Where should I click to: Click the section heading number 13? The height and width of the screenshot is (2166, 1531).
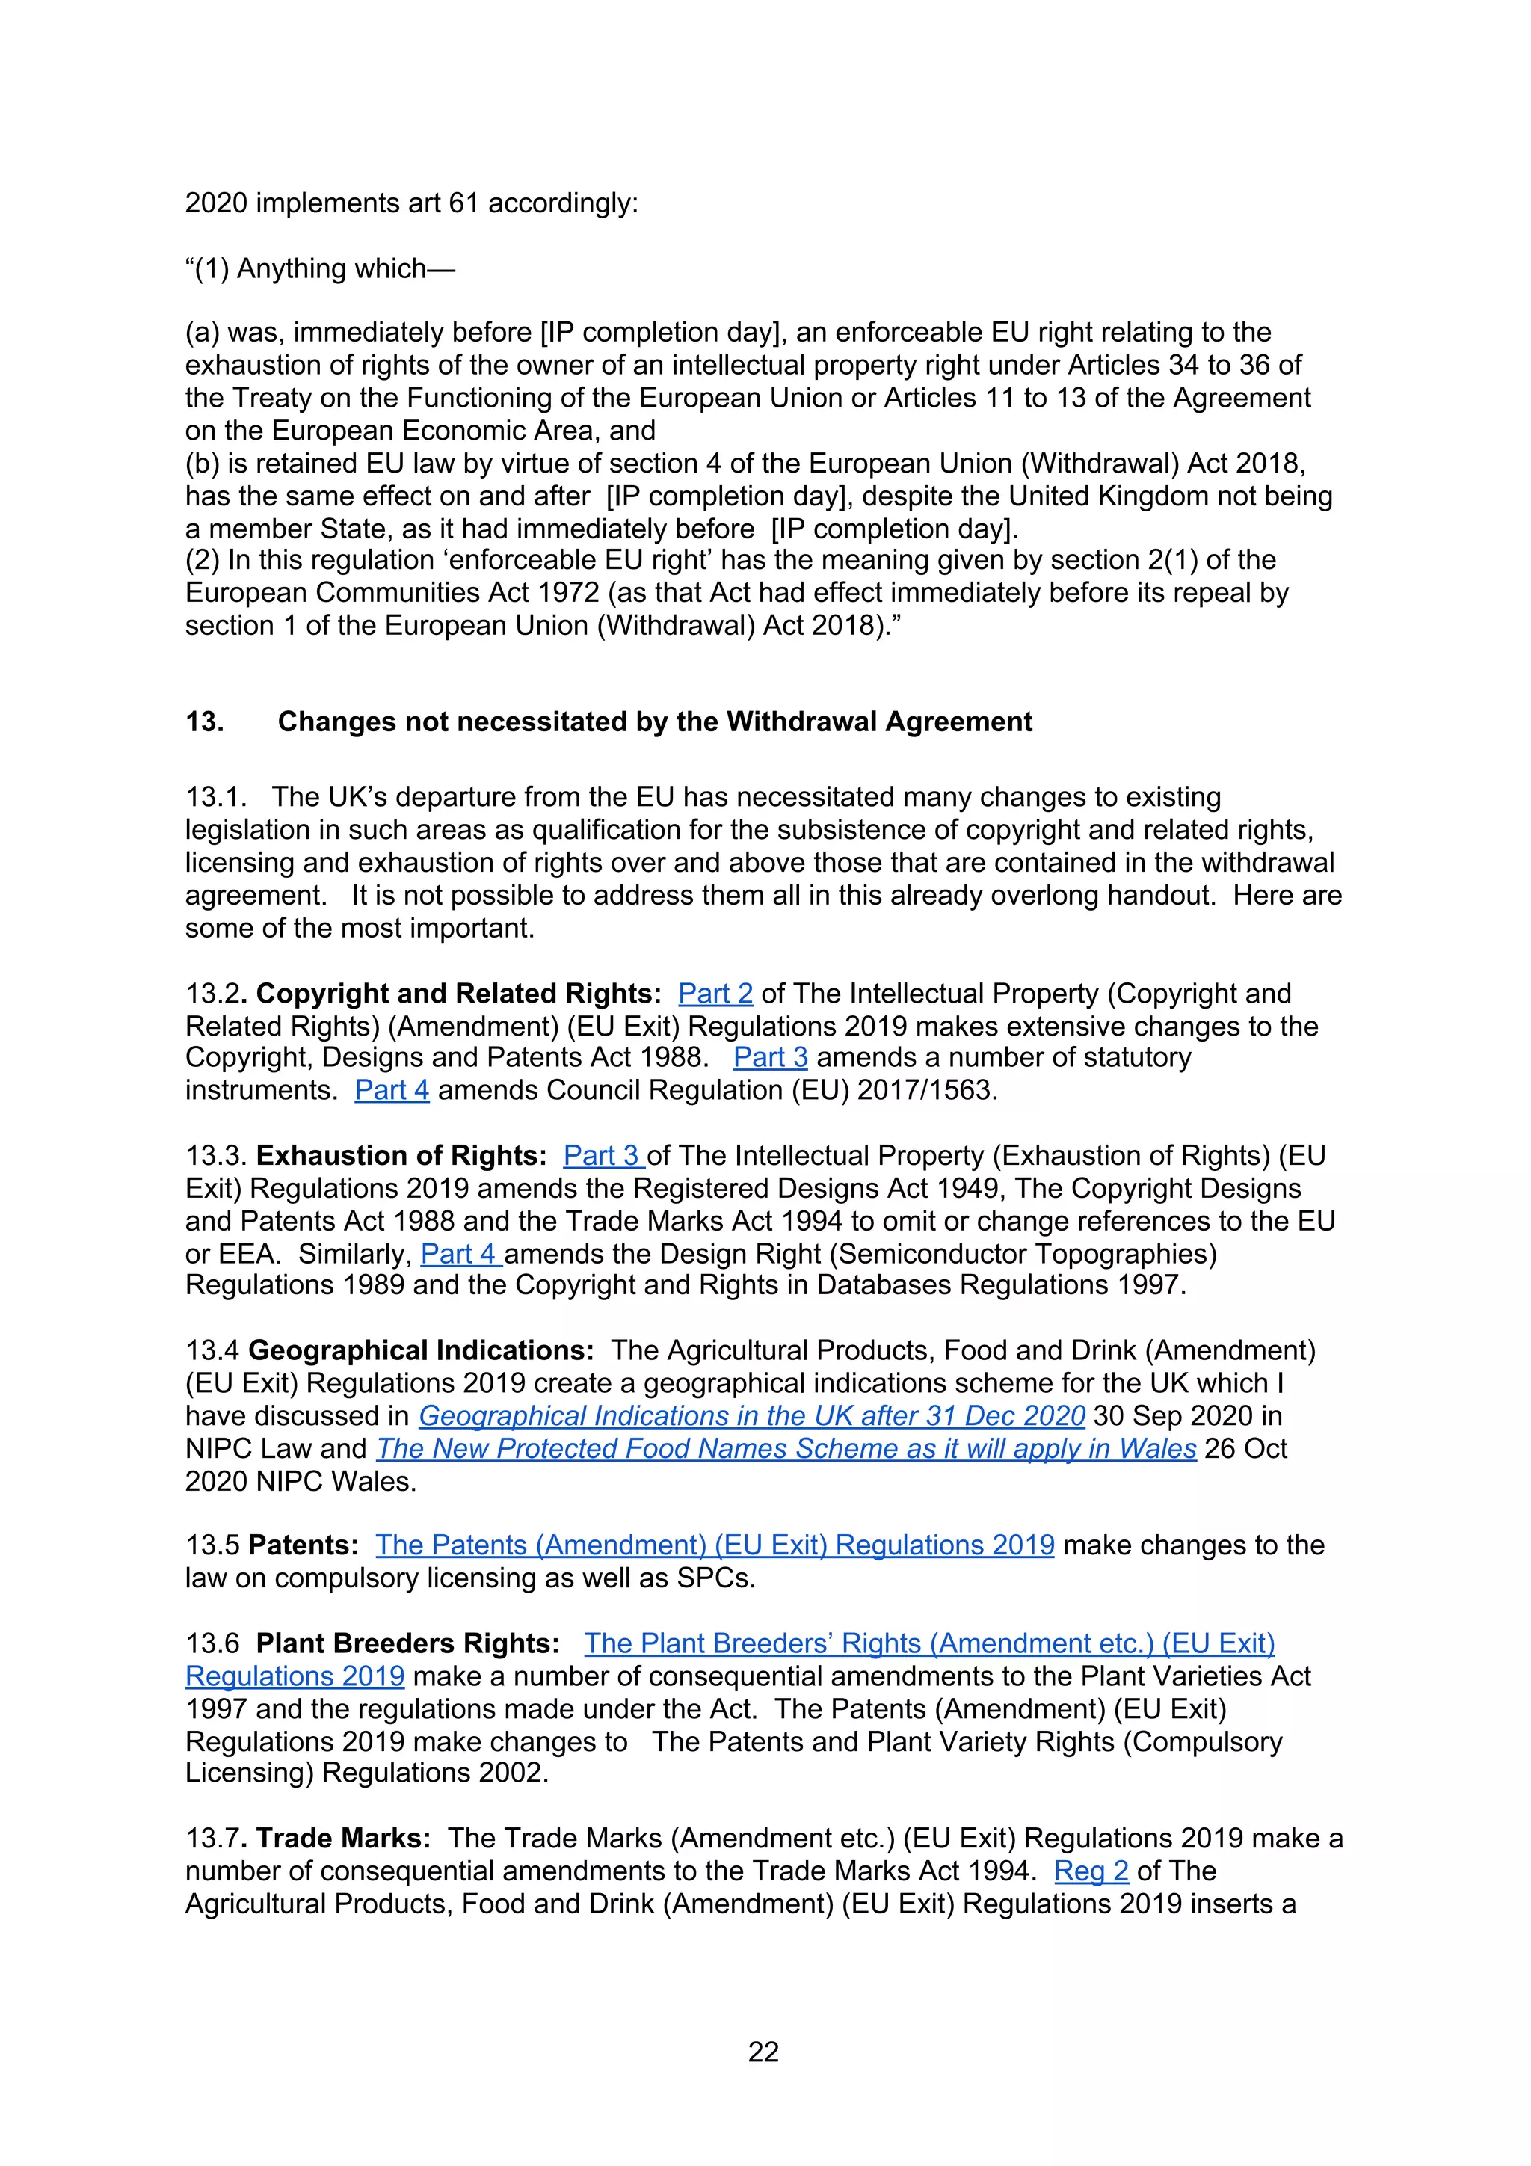click(204, 722)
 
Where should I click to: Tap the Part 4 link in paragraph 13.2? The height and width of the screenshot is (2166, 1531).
click(392, 1091)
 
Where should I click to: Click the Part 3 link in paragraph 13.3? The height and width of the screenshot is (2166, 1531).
click(603, 1156)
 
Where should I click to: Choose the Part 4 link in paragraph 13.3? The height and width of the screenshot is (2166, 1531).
click(460, 1254)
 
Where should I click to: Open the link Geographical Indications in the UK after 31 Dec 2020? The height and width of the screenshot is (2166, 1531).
click(752, 1416)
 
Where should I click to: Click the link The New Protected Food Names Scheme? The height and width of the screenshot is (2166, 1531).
click(786, 1449)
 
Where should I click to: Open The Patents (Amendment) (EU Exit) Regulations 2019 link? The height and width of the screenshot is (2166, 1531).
click(714, 1545)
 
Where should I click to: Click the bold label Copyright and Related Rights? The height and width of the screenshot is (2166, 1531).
click(458, 994)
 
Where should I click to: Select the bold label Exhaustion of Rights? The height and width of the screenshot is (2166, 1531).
click(401, 1156)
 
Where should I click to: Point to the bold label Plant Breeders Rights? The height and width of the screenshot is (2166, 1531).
click(407, 1643)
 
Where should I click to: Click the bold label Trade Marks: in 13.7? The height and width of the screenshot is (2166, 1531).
click(343, 1839)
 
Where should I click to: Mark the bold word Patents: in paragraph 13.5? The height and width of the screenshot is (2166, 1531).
click(303, 1545)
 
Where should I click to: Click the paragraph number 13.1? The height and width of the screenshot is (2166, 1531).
click(215, 797)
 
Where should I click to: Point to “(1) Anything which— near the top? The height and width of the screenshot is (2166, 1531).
click(320, 269)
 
